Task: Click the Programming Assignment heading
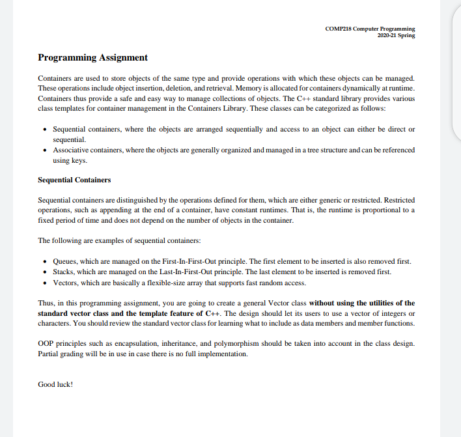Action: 92,57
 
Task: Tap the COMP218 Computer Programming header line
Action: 369,29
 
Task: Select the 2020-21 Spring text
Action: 396,35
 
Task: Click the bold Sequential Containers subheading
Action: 74,180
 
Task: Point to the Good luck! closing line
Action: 56,384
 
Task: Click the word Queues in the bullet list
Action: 66,261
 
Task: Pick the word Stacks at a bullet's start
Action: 64,272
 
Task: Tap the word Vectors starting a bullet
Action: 66,283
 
